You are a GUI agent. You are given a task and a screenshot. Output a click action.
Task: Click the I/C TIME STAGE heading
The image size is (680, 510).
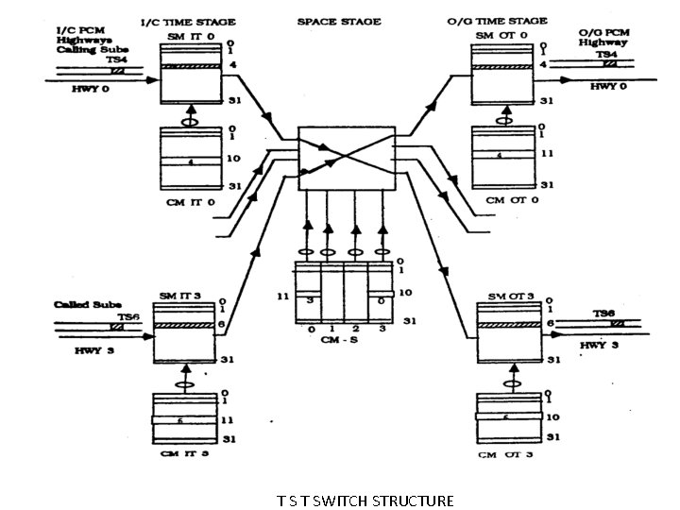pos(187,21)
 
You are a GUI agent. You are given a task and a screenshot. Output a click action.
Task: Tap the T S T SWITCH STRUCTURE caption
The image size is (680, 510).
pos(365,500)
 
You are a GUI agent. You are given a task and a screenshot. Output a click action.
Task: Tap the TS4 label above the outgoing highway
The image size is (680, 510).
pos(606,56)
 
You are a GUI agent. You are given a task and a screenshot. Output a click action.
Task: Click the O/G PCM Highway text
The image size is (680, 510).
pos(605,37)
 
